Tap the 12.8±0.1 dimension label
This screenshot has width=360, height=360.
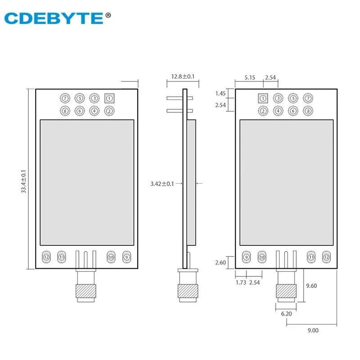(182, 77)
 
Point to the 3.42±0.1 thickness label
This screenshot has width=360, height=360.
(165, 184)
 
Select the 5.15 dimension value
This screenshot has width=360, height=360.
(250, 78)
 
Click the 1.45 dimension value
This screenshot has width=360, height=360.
(220, 94)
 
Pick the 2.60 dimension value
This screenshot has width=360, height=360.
(221, 262)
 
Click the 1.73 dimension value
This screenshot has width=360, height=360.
(241, 282)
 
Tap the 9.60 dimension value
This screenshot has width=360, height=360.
(312, 285)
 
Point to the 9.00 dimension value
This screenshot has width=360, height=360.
(313, 330)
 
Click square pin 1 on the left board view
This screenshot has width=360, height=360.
(109, 98)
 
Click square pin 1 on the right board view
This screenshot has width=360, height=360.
(264, 98)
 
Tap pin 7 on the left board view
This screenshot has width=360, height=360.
(65, 98)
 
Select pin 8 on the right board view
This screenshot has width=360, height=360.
(308, 111)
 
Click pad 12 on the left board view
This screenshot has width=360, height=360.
(46, 257)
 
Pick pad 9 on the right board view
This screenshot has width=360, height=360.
(246, 257)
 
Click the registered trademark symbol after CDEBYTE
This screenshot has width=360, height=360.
(108, 14)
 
